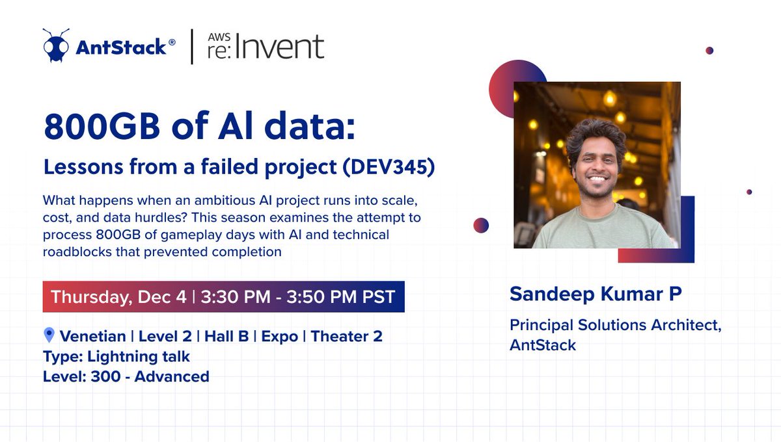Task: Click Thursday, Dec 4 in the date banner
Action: click(118, 297)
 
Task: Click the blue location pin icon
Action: click(49, 335)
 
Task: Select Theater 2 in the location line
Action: click(346, 336)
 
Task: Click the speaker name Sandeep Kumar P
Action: click(596, 294)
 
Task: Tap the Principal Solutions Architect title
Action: click(615, 325)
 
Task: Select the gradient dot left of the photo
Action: click(481, 225)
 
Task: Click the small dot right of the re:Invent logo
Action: click(709, 50)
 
